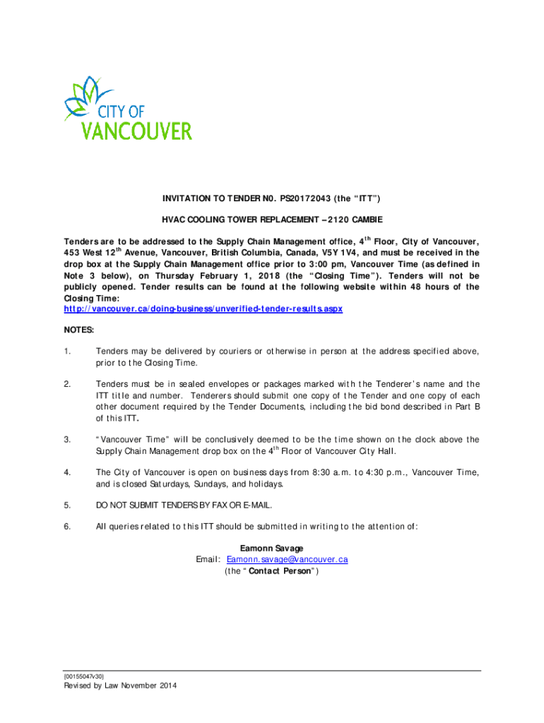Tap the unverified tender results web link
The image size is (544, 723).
click(203, 309)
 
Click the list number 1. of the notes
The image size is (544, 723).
click(67, 351)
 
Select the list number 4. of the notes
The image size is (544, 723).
click(67, 472)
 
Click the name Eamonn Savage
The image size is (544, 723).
click(272, 549)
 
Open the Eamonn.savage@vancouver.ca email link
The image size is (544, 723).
click(287, 560)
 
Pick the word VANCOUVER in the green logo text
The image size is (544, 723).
click(137, 131)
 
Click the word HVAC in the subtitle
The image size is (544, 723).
click(173, 220)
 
